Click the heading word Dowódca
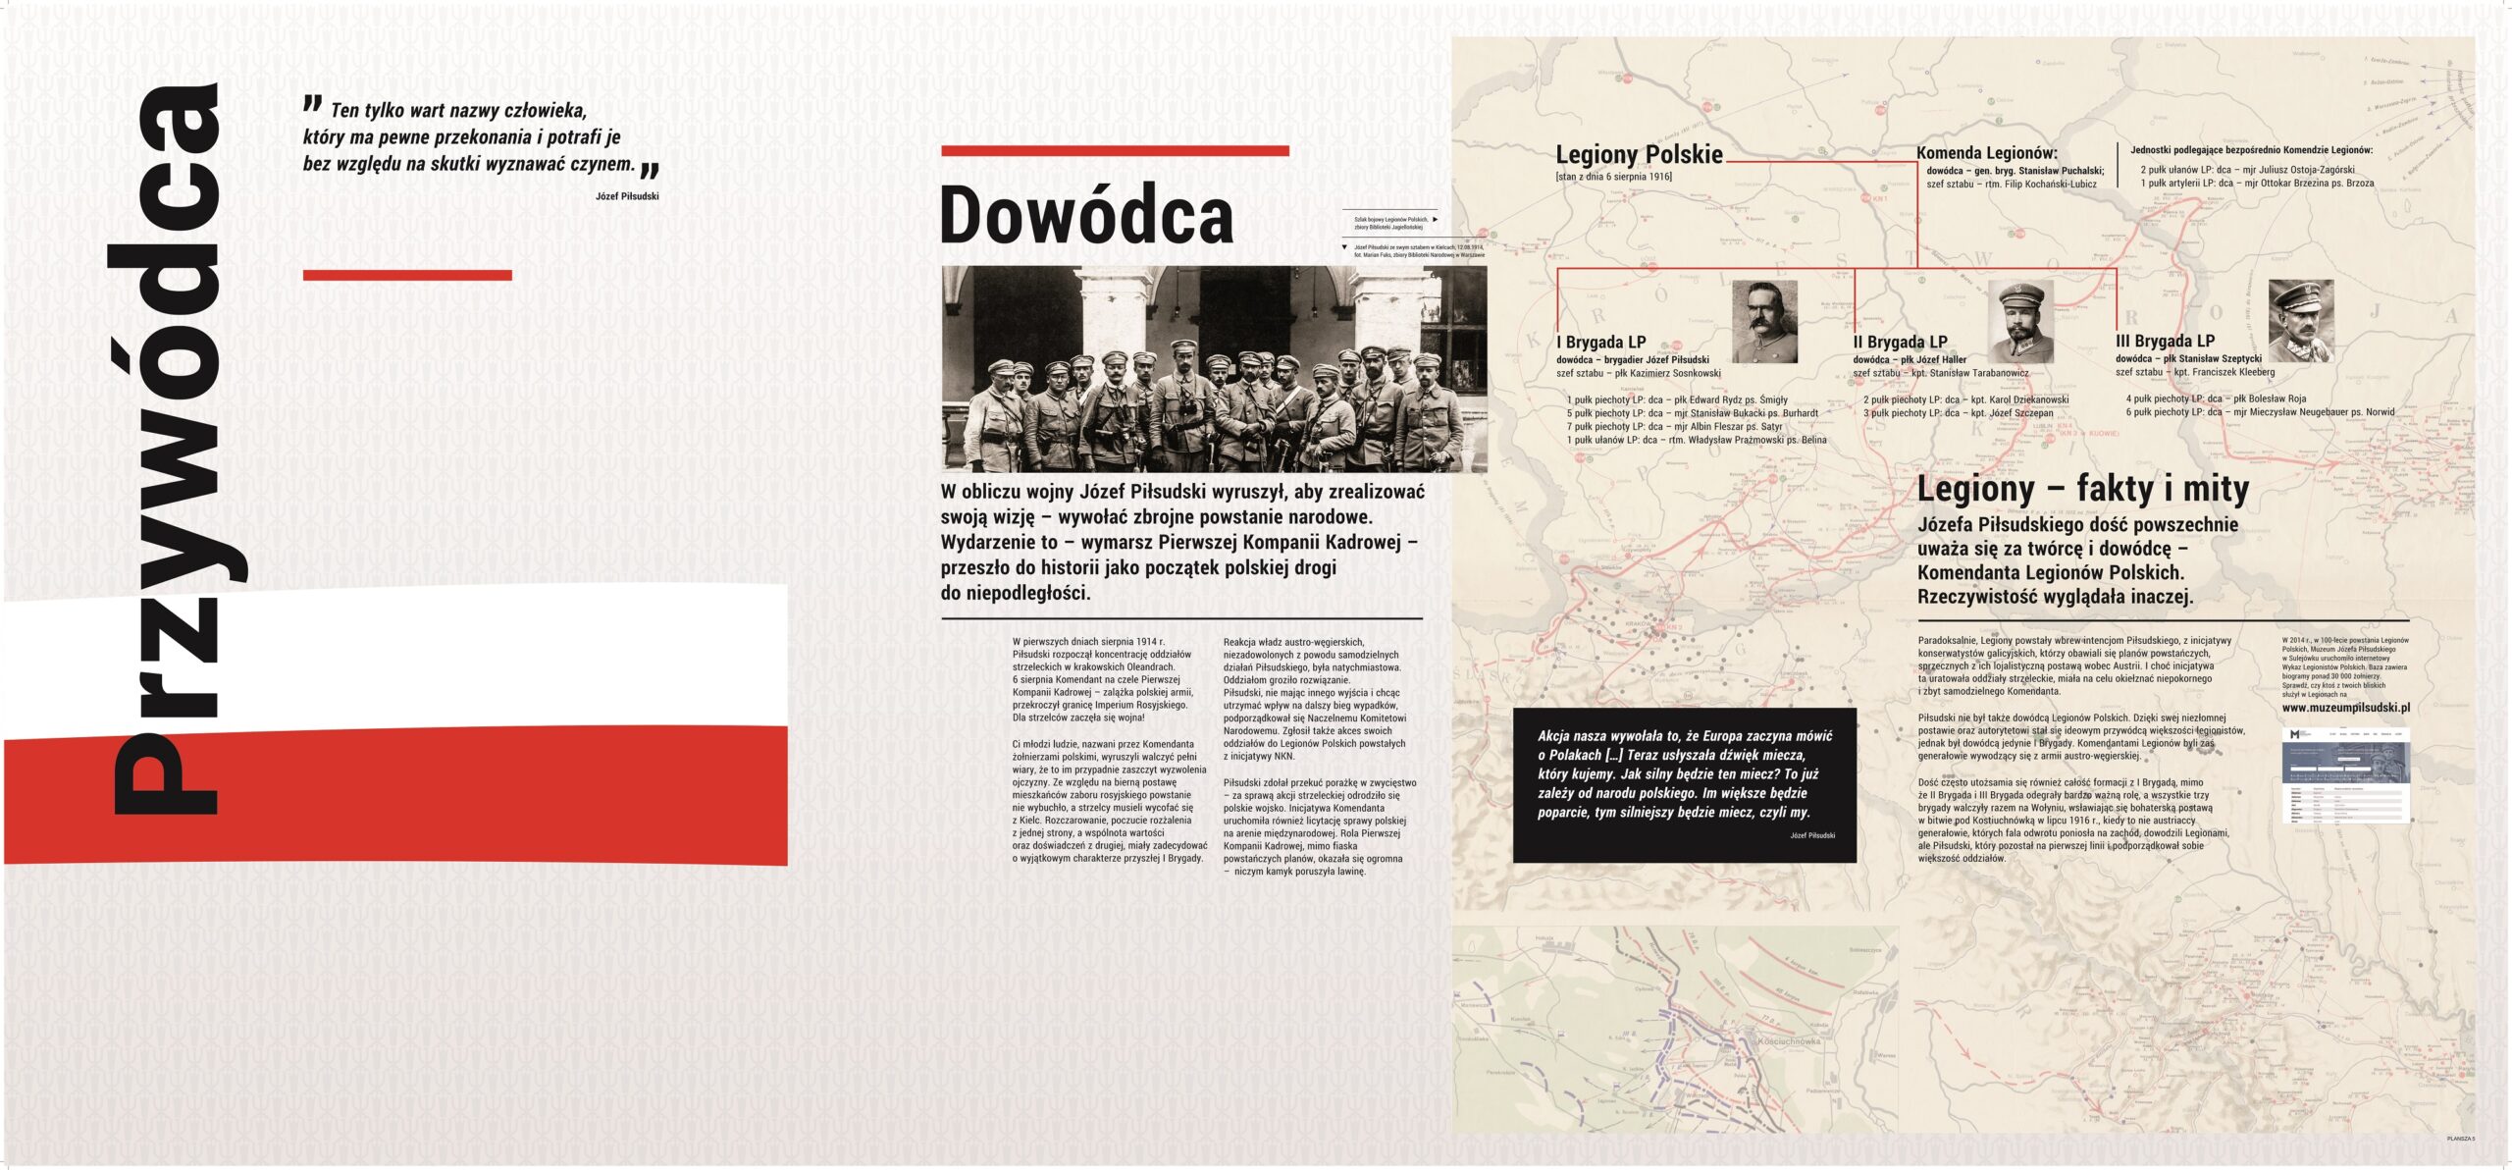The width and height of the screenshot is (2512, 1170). tap(1086, 215)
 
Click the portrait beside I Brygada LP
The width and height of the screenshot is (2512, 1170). tap(1764, 322)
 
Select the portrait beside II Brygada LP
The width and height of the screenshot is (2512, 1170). tap(2020, 322)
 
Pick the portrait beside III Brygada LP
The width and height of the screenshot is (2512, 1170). tap(2301, 321)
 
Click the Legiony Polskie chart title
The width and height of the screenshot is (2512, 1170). tap(1639, 154)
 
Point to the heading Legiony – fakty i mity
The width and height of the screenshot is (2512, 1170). tap(2082, 489)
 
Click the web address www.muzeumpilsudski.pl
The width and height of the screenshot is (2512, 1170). tap(2345, 708)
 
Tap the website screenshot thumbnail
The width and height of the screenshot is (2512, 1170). tap(2345, 775)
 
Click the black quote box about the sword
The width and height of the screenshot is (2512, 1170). tap(1684, 785)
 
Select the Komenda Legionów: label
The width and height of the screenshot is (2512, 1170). tap(1987, 153)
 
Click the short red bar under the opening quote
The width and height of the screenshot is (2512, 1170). tap(407, 276)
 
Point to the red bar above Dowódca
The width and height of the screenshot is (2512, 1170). tap(1115, 151)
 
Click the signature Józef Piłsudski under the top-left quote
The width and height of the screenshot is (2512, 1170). tap(627, 196)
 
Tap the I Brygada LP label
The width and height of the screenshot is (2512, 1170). tap(1600, 343)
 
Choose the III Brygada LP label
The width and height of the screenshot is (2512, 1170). tap(2165, 342)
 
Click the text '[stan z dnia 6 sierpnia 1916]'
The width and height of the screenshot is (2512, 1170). tap(1613, 177)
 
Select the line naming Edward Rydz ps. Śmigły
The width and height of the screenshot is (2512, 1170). tap(1677, 400)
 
